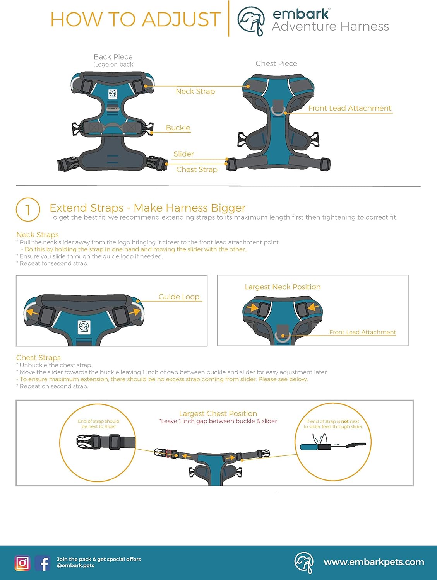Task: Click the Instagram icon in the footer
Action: [22, 563]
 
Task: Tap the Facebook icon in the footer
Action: [43, 563]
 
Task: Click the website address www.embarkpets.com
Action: [374, 562]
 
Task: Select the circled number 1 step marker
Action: [28, 210]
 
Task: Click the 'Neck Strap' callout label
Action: [195, 91]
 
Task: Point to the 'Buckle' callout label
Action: [178, 128]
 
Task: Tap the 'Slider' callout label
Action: [183, 154]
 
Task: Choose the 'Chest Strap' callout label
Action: [197, 169]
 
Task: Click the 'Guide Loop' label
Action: [179, 297]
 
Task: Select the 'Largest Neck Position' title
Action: [283, 287]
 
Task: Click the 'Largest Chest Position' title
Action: [218, 413]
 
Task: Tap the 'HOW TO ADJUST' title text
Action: [135, 19]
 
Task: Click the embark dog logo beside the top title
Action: [251, 20]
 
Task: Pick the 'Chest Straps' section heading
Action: [38, 358]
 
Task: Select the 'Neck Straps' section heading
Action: [38, 235]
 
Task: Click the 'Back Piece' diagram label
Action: [113, 57]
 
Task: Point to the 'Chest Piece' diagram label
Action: [276, 63]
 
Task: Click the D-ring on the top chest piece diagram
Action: [278, 109]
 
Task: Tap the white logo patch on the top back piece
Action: [112, 94]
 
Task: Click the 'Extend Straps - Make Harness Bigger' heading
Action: [147, 208]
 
